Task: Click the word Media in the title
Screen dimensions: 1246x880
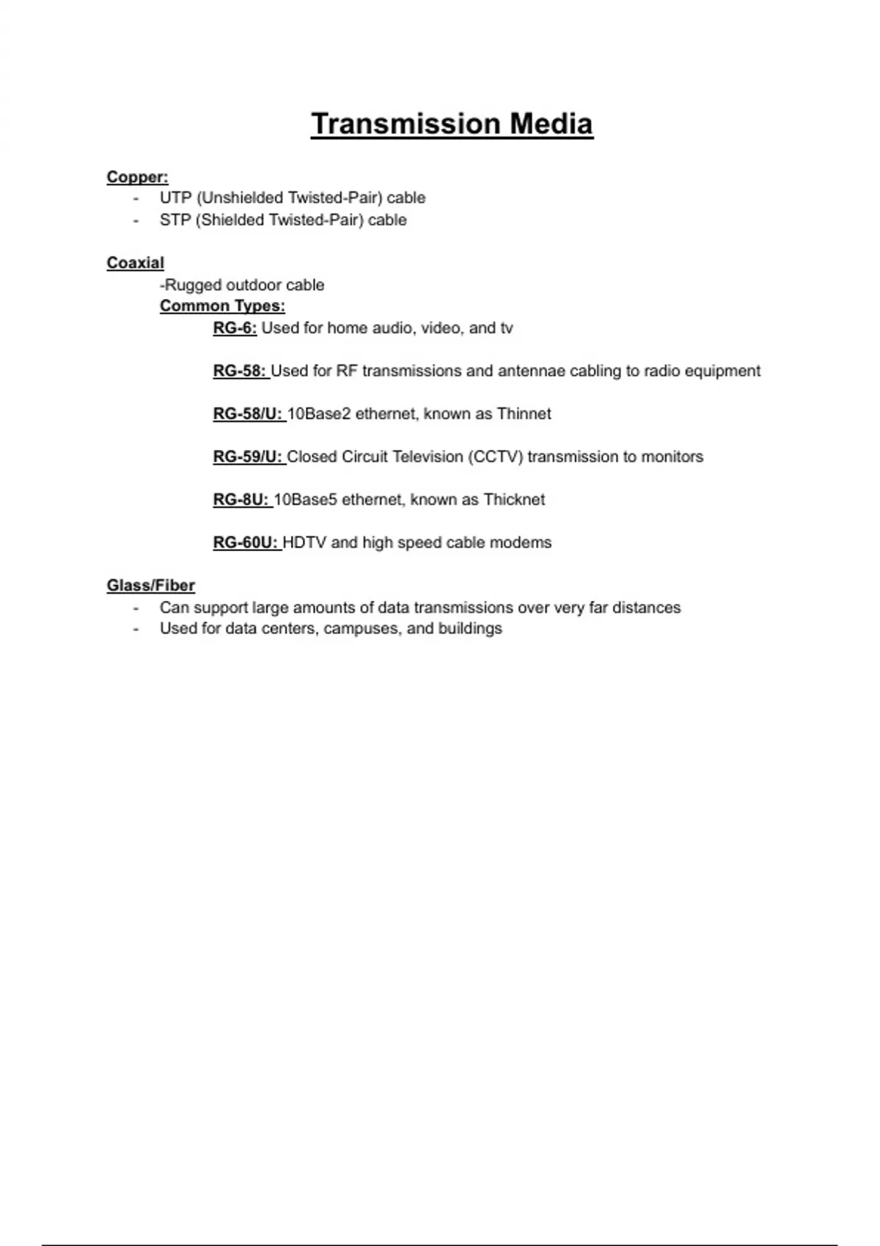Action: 551,124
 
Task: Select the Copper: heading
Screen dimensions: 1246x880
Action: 137,177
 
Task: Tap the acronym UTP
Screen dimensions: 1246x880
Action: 175,198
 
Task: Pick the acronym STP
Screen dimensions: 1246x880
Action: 175,220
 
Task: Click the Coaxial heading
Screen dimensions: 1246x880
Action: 136,263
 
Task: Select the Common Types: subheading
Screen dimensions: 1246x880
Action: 222,306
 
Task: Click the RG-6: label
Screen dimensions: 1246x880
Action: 235,328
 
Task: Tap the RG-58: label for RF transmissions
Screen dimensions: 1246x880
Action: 239,371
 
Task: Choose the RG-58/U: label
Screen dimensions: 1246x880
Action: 248,414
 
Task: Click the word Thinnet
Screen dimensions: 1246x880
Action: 524,414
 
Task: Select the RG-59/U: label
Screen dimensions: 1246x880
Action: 248,457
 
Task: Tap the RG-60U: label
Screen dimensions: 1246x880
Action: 246,543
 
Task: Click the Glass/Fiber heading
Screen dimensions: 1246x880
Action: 151,586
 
